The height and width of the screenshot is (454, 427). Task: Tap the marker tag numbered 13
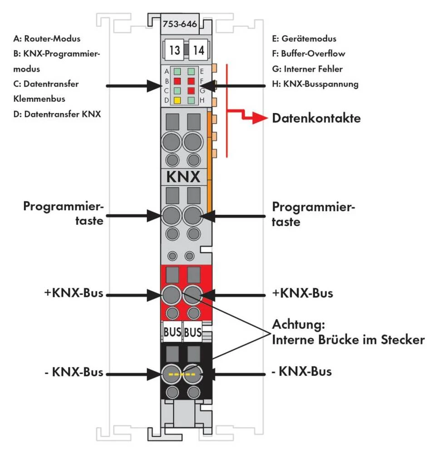pyautogui.click(x=174, y=50)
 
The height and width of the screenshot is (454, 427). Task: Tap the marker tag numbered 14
pyautogui.click(x=198, y=50)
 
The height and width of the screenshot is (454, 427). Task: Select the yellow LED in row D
pyautogui.click(x=177, y=99)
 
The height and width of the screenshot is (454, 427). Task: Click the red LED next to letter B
pyautogui.click(x=177, y=80)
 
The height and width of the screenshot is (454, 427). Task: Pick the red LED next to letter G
pyautogui.click(x=191, y=90)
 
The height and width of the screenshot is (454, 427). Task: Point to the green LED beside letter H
pyautogui.click(x=191, y=99)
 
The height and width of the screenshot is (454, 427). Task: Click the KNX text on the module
pyautogui.click(x=184, y=177)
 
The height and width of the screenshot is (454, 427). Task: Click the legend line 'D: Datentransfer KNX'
pyautogui.click(x=57, y=114)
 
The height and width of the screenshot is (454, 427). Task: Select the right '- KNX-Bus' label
pyautogui.click(x=301, y=372)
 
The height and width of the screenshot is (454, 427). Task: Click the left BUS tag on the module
pyautogui.click(x=172, y=332)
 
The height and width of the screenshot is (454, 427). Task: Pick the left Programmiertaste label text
pyautogui.click(x=64, y=214)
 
